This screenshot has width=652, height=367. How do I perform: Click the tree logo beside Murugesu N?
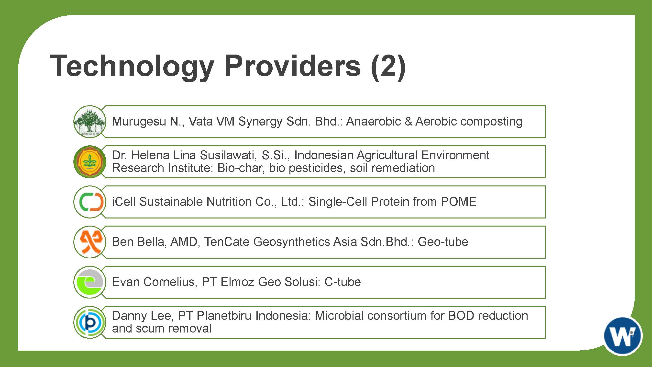[x=90, y=122]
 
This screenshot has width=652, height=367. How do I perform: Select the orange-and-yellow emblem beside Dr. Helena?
[x=90, y=162]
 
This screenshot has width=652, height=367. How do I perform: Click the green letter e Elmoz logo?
[x=90, y=282]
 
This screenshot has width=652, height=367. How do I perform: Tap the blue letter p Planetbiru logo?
[x=90, y=322]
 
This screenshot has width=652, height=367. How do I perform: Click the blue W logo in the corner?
[x=623, y=336]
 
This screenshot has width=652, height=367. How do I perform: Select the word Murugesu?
[x=139, y=122]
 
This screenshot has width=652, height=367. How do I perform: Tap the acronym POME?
[x=458, y=202]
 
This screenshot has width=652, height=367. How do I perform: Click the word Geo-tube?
[x=443, y=242]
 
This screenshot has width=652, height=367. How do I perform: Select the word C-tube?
[x=343, y=282]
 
